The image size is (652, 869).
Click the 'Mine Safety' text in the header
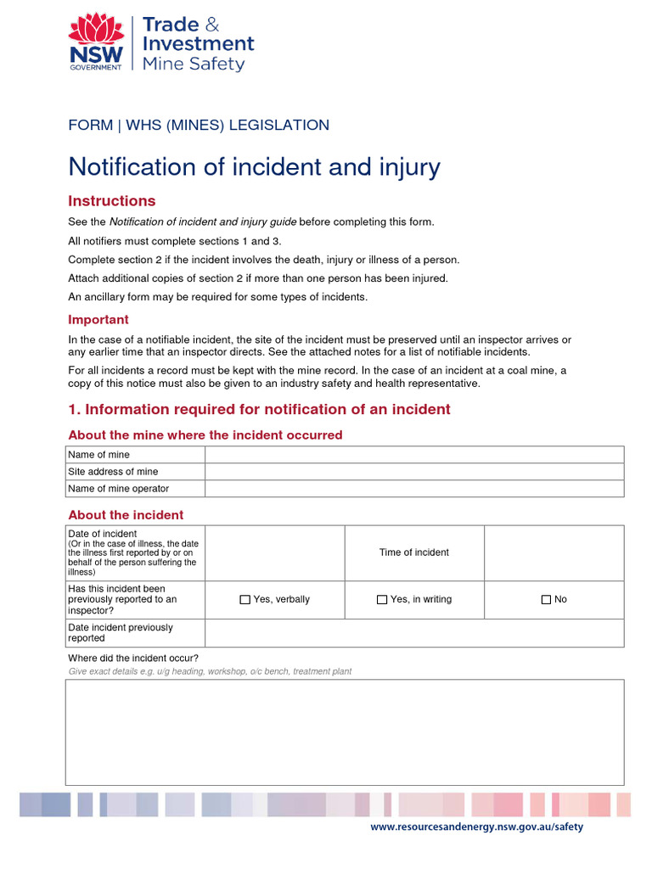pos(194,64)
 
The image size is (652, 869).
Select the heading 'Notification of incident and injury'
pos(254,166)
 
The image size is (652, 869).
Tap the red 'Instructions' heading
pos(111,201)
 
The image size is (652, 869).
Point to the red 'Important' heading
pos(98,320)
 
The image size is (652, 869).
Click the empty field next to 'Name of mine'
pos(413,455)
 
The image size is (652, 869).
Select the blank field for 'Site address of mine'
pos(413,472)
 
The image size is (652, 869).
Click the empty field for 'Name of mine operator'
pos(413,489)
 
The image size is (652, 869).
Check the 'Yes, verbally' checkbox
pos(245,600)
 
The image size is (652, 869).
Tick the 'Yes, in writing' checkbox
pos(382,600)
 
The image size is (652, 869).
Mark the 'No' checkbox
pos(546,600)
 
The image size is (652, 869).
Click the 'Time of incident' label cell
pos(414,552)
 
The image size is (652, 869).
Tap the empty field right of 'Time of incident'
pos(554,552)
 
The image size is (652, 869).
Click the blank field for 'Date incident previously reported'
pos(413,633)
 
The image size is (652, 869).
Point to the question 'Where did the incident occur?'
pos(133,659)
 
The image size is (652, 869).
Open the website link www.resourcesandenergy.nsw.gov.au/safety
pos(477,827)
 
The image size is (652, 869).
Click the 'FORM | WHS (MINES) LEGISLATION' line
pos(199,126)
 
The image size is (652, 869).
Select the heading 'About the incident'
pos(126,515)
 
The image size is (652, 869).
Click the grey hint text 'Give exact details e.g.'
pos(210,671)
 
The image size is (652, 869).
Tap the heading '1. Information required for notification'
pos(259,410)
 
